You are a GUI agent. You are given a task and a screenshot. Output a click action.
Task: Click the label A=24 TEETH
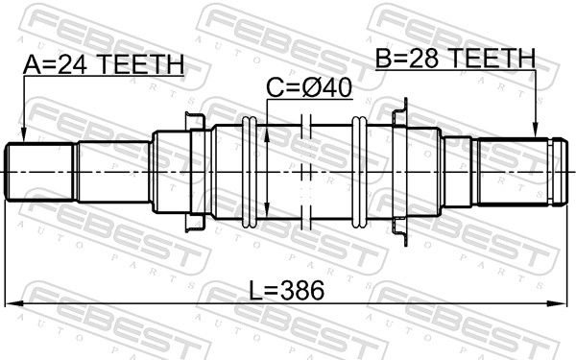(x=104, y=64)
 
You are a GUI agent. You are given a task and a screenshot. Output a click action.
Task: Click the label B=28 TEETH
(x=455, y=58)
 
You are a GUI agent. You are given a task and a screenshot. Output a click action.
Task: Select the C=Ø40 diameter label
(x=309, y=87)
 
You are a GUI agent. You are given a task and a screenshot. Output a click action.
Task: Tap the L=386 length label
(x=287, y=290)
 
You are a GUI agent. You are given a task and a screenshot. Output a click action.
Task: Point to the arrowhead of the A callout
(x=23, y=135)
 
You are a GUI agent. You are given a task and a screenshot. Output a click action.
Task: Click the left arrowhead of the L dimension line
(x=13, y=303)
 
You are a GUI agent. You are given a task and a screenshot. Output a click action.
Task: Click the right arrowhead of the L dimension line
(x=556, y=303)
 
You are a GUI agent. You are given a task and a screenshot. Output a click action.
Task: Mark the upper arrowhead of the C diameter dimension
(x=267, y=133)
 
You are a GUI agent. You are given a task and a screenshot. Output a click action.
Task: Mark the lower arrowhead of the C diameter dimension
(x=267, y=211)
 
